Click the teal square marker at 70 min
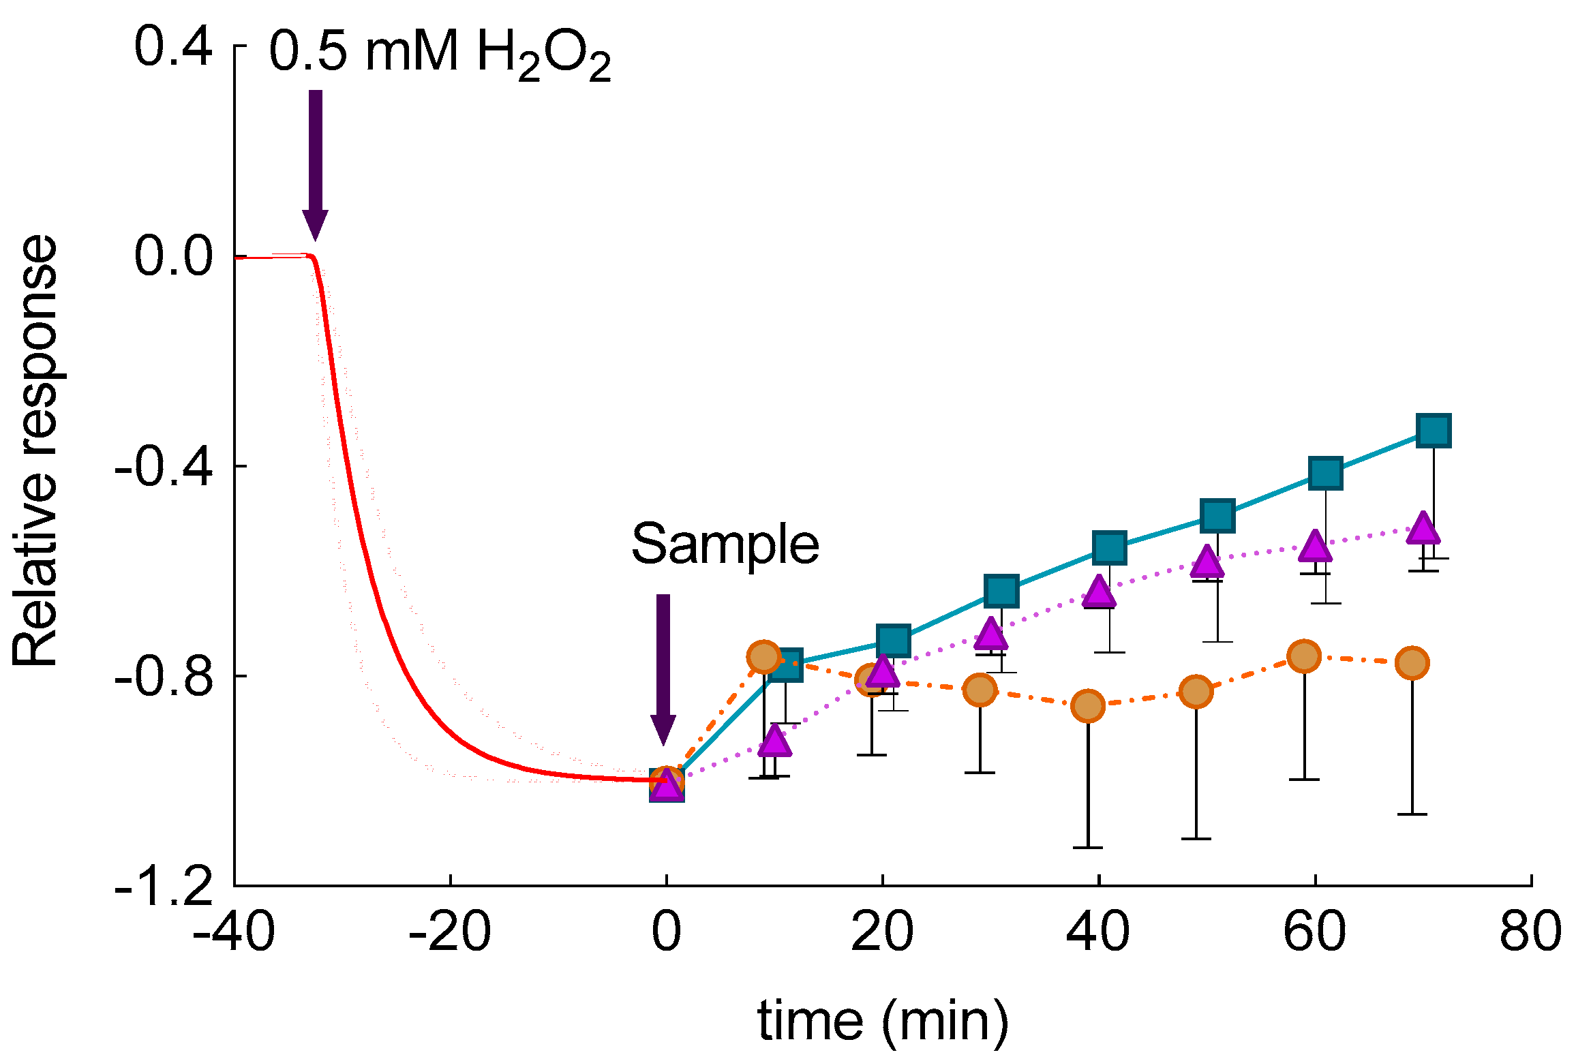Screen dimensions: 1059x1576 (1434, 431)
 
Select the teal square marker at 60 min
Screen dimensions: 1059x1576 (1326, 473)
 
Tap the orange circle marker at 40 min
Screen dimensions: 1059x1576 (1088, 705)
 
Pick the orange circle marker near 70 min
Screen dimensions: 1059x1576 (1412, 662)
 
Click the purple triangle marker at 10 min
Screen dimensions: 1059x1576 (774, 741)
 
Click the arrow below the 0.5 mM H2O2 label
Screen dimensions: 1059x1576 (315, 164)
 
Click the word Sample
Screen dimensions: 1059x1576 (725, 544)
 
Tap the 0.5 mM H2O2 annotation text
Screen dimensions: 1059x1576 (440, 55)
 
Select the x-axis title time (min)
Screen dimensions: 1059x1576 (882, 1021)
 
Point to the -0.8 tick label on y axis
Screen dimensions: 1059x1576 (164, 676)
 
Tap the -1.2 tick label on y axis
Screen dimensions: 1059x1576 (164, 886)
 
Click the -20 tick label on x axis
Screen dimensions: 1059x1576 (449, 932)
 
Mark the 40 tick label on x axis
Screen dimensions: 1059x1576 (1098, 932)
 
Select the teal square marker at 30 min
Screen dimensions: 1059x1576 (1002, 591)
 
